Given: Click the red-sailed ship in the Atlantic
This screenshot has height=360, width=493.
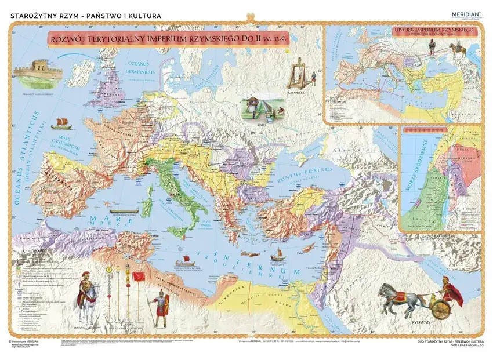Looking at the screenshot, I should [59, 123].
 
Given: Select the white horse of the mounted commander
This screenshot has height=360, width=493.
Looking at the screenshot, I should [88, 304].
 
